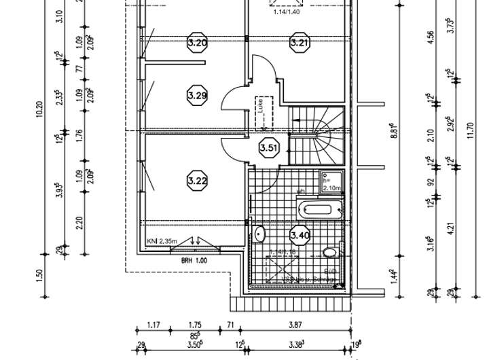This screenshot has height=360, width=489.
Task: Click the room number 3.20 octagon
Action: point(197,43)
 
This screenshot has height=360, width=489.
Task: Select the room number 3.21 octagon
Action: point(300,43)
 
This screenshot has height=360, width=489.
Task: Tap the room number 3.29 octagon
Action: point(197,95)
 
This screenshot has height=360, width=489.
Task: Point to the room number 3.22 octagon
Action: point(197,180)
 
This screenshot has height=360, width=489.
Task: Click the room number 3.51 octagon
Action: point(269,147)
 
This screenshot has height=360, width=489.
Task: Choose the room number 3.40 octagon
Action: point(300,236)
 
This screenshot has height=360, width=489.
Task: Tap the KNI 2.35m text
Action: point(162,240)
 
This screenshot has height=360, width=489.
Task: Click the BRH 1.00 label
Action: point(194,259)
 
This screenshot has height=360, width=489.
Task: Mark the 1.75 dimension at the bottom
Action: point(195,326)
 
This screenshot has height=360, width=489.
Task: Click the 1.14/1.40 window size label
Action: point(287,12)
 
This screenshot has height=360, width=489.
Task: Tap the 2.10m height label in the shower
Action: point(331,187)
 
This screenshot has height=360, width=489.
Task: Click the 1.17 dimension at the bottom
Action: point(153,326)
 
